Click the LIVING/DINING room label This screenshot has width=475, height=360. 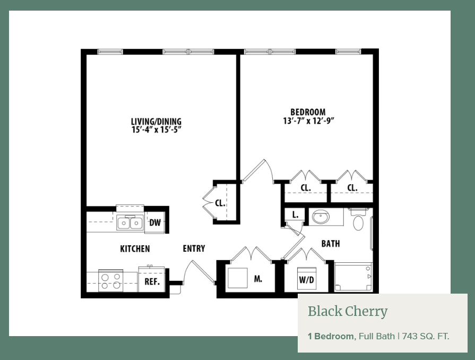[156, 122]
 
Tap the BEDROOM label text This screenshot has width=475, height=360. [308, 112]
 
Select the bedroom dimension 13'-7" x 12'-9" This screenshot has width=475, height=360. [308, 121]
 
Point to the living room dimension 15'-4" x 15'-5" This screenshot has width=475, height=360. [157, 130]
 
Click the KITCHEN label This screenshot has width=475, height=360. [135, 249]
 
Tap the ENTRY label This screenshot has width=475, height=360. [194, 248]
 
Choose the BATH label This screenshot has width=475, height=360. [331, 244]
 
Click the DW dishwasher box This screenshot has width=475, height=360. [155, 222]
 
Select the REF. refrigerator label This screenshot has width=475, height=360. [152, 281]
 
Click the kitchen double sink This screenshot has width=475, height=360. [130, 223]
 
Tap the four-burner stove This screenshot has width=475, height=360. [110, 281]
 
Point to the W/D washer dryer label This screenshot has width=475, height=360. [307, 280]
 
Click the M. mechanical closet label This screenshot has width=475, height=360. [258, 279]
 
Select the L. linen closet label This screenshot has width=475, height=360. [296, 215]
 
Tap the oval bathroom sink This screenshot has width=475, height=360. [321, 217]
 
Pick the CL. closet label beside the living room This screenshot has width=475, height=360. [220, 203]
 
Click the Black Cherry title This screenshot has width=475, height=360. [348, 311]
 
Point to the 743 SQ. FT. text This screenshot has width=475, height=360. [426, 336]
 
